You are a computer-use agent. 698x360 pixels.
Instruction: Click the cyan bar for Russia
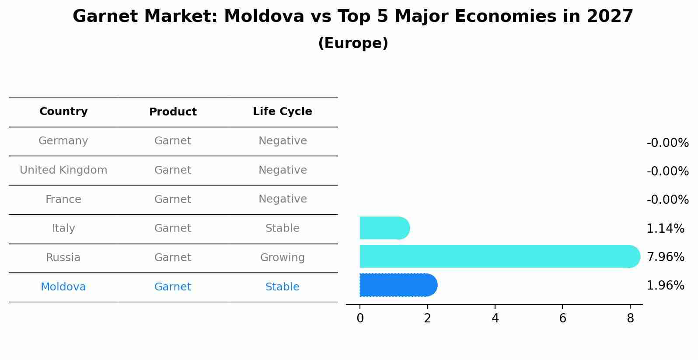[499, 256]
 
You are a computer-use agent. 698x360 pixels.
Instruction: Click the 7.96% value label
[665, 257]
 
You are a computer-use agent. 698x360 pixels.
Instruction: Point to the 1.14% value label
[665, 228]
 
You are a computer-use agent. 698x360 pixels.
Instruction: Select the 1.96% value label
[665, 286]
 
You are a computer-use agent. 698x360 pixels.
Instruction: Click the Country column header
[63, 112]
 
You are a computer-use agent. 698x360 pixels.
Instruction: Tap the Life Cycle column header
[282, 112]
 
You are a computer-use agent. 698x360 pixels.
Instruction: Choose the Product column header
[173, 112]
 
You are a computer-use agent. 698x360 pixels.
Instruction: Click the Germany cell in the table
[63, 141]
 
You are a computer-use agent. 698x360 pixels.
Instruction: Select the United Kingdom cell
[63, 170]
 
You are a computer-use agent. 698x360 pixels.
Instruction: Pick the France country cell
[63, 199]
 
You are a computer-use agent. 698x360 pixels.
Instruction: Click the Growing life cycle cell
[282, 258]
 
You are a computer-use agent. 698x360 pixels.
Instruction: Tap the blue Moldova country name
[63, 287]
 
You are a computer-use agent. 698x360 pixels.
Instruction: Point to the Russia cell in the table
[63, 258]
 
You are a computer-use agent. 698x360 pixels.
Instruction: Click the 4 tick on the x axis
[495, 318]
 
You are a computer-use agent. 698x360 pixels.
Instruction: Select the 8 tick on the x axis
[630, 318]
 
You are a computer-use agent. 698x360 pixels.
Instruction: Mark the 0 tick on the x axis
[360, 318]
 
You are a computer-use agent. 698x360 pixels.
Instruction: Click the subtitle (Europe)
[353, 43]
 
